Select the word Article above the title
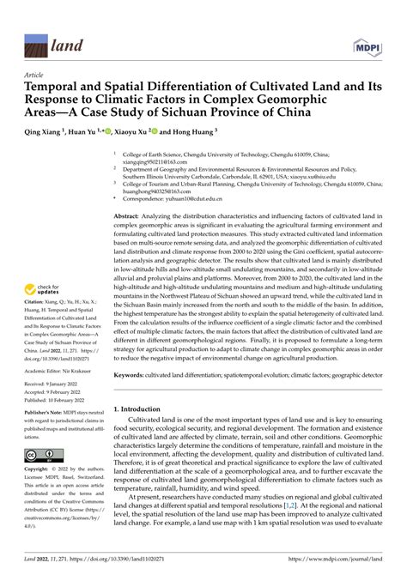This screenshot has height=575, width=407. pyautogui.click(x=35, y=75)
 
